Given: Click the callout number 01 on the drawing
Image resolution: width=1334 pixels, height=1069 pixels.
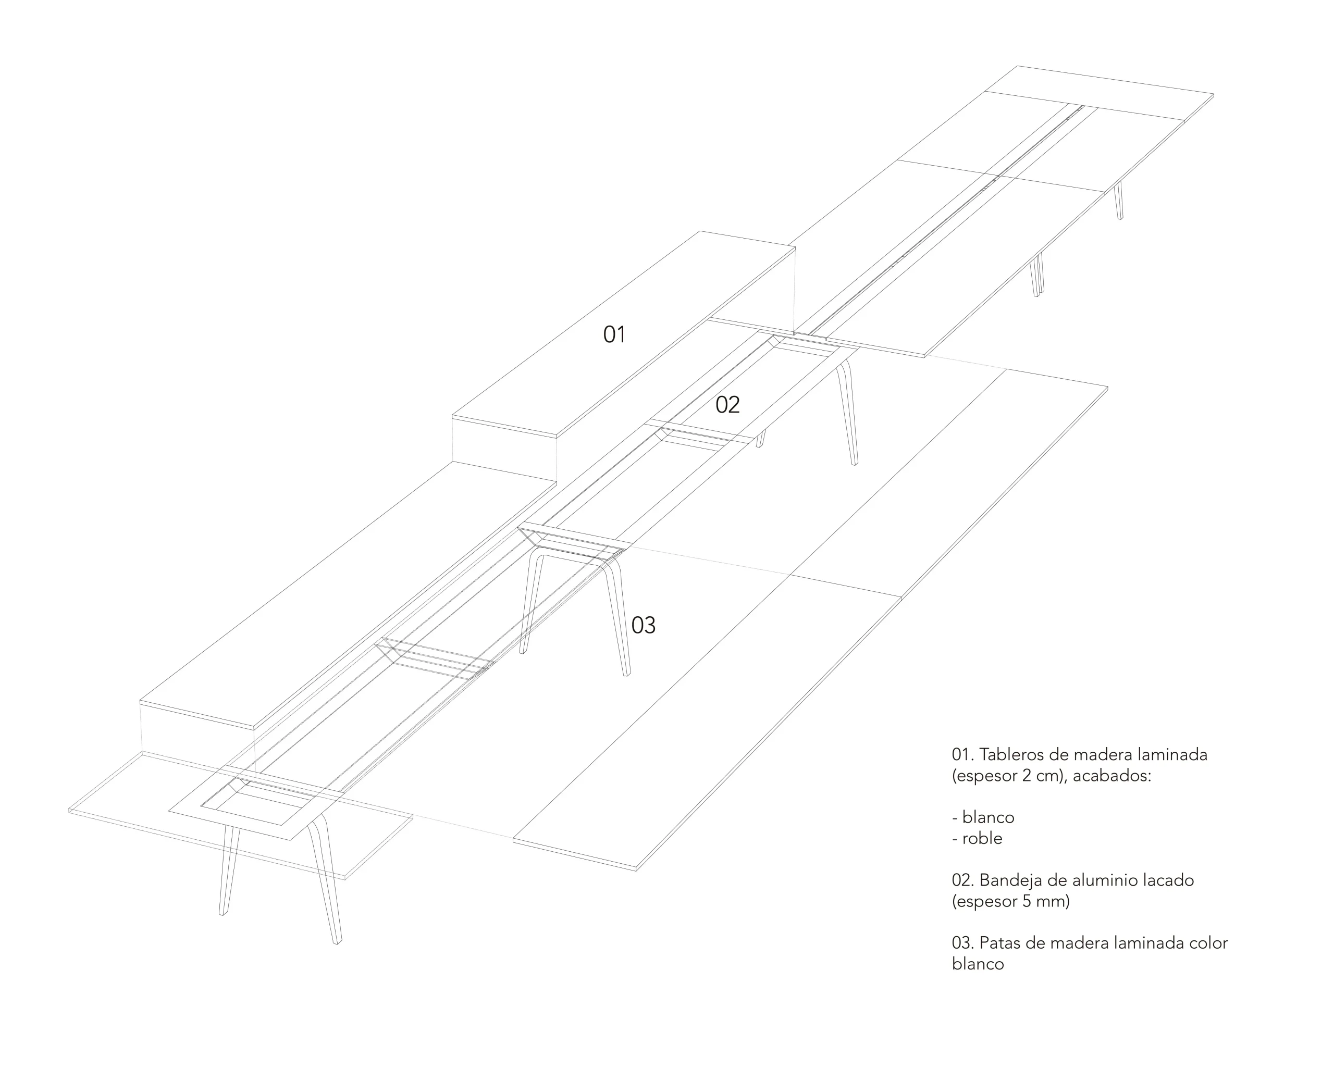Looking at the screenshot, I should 614,334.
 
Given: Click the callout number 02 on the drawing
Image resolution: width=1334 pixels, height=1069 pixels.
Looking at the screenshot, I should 727,405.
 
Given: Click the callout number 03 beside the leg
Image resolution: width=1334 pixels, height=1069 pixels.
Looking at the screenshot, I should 643,626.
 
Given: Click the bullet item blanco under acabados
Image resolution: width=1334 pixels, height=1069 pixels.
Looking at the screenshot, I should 987,817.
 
